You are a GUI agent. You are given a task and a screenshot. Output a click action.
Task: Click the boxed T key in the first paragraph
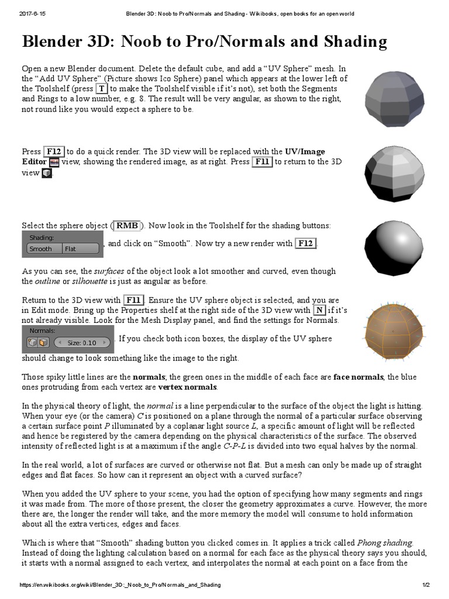click(x=102, y=88)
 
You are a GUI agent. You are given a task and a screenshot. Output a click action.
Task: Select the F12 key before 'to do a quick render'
click(x=54, y=152)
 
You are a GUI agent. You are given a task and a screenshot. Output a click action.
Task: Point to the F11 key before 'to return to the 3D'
click(x=263, y=162)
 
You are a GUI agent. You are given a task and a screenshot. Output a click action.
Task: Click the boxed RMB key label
click(x=127, y=225)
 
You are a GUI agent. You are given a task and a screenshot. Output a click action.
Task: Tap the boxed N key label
click(x=319, y=311)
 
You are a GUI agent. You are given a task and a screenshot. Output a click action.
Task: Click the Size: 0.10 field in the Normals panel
click(x=81, y=342)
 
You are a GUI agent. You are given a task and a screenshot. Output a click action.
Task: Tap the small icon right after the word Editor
click(x=54, y=162)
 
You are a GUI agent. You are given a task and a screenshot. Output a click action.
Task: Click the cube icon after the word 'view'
click(x=47, y=173)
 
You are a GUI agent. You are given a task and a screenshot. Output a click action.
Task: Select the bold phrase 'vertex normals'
click(x=188, y=387)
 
